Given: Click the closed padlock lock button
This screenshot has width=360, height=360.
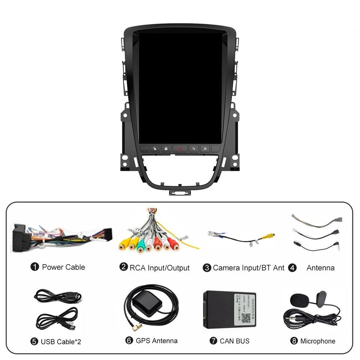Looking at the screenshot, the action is click(x=166, y=149).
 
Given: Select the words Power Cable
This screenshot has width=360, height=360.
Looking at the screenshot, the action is click(x=63, y=267).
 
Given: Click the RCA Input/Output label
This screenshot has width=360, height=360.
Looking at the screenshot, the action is click(x=159, y=268).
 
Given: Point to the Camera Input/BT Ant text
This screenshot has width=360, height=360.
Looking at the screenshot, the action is click(x=249, y=268).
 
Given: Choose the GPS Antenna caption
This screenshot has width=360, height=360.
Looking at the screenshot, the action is click(x=156, y=341).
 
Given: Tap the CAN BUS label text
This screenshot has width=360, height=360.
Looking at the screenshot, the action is click(x=234, y=341).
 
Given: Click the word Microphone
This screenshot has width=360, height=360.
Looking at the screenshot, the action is click(x=318, y=341).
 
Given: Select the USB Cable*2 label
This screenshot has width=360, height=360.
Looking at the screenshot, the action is click(x=61, y=342).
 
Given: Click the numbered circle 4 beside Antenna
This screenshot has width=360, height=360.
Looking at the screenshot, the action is click(x=292, y=268).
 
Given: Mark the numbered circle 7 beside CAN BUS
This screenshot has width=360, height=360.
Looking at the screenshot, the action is click(x=213, y=341).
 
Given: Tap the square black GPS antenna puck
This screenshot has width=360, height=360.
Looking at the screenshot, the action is click(x=144, y=299).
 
